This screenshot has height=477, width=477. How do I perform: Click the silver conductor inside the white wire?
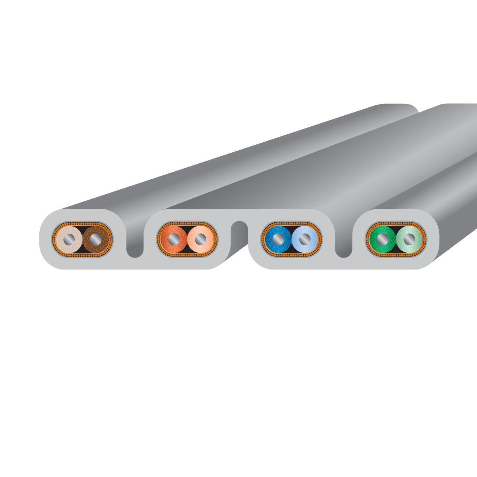click(x=69, y=239)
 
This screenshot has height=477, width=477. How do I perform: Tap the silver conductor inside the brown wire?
click(x=95, y=239)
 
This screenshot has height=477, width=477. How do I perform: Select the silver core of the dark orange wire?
click(x=173, y=239)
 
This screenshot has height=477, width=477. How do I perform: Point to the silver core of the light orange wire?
click(x=200, y=239)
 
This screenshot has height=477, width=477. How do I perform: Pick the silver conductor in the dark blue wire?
click(x=278, y=239)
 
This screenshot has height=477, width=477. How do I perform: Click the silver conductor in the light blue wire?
click(x=305, y=239)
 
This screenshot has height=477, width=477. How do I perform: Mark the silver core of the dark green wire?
click(x=382, y=239)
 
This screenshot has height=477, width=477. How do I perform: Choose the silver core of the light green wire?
click(x=409, y=239)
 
